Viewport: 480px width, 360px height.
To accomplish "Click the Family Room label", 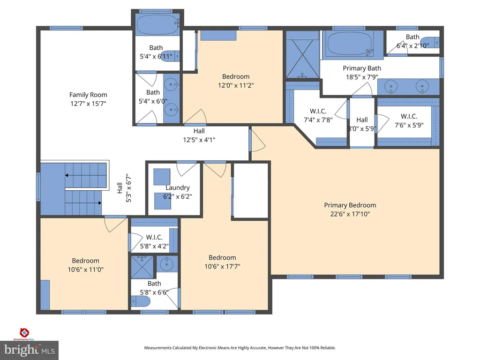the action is pyautogui.click(x=88, y=95).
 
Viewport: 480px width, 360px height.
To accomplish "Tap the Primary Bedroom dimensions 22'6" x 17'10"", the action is pyautogui.click(x=350, y=214).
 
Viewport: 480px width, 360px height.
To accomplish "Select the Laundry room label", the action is pyautogui.click(x=178, y=187).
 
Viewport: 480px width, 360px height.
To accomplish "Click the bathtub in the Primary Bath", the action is pyautogui.click(x=349, y=44).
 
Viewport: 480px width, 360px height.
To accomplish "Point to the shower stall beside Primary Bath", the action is pyautogui.click(x=302, y=54).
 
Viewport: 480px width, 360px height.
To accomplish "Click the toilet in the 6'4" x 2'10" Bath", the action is pyautogui.click(x=430, y=42).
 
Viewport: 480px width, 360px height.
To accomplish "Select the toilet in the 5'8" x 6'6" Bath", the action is pyautogui.click(x=141, y=301).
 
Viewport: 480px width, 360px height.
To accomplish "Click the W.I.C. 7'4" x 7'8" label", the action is pyautogui.click(x=318, y=115).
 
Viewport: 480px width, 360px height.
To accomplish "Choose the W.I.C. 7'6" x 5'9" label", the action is pyautogui.click(x=409, y=120).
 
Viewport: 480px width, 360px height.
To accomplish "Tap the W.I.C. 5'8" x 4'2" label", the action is pyautogui.click(x=154, y=241).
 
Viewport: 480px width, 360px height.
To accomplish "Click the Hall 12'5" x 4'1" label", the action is pyautogui.click(x=199, y=135).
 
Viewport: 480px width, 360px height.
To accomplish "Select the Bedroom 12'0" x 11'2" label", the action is pyautogui.click(x=236, y=81).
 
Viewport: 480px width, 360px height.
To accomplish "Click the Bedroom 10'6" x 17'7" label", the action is pyautogui.click(x=222, y=262).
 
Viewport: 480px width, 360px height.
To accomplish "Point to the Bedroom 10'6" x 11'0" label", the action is pyautogui.click(x=85, y=265).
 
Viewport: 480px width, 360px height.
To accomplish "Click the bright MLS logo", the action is pyautogui.click(x=30, y=350).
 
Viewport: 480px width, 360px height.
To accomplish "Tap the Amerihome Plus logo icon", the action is pyautogui.click(x=24, y=332).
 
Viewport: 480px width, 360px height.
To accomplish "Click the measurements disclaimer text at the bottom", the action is pyautogui.click(x=240, y=348).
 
